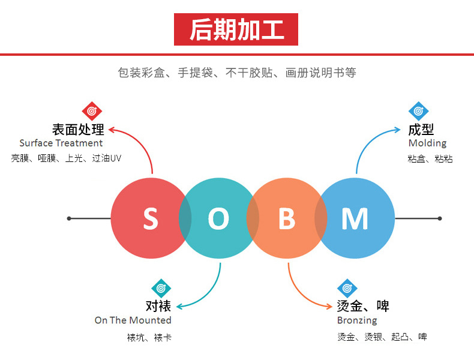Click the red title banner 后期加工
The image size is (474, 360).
[236, 29]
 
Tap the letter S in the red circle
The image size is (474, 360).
[150, 219]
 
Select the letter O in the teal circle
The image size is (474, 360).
[218, 219]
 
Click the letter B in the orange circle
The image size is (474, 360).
[287, 219]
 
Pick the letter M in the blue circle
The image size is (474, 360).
[355, 219]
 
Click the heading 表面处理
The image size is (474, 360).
[78, 129]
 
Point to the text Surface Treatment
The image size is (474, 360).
[61, 143]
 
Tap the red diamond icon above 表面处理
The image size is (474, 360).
[92, 111]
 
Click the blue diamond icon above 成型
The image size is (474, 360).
[419, 111]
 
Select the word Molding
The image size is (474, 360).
[427, 143]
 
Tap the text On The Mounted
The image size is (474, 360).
[133, 320]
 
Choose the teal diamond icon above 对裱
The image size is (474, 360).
[161, 288]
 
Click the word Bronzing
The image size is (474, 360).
[357, 320]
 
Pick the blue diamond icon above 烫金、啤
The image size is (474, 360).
[347, 288]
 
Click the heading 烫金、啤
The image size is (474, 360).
[363, 306]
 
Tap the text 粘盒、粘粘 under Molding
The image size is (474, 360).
[430, 159]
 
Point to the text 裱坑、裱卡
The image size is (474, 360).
[149, 337]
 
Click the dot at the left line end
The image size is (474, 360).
[69, 218]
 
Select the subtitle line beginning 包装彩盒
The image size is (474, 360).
[237, 73]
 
